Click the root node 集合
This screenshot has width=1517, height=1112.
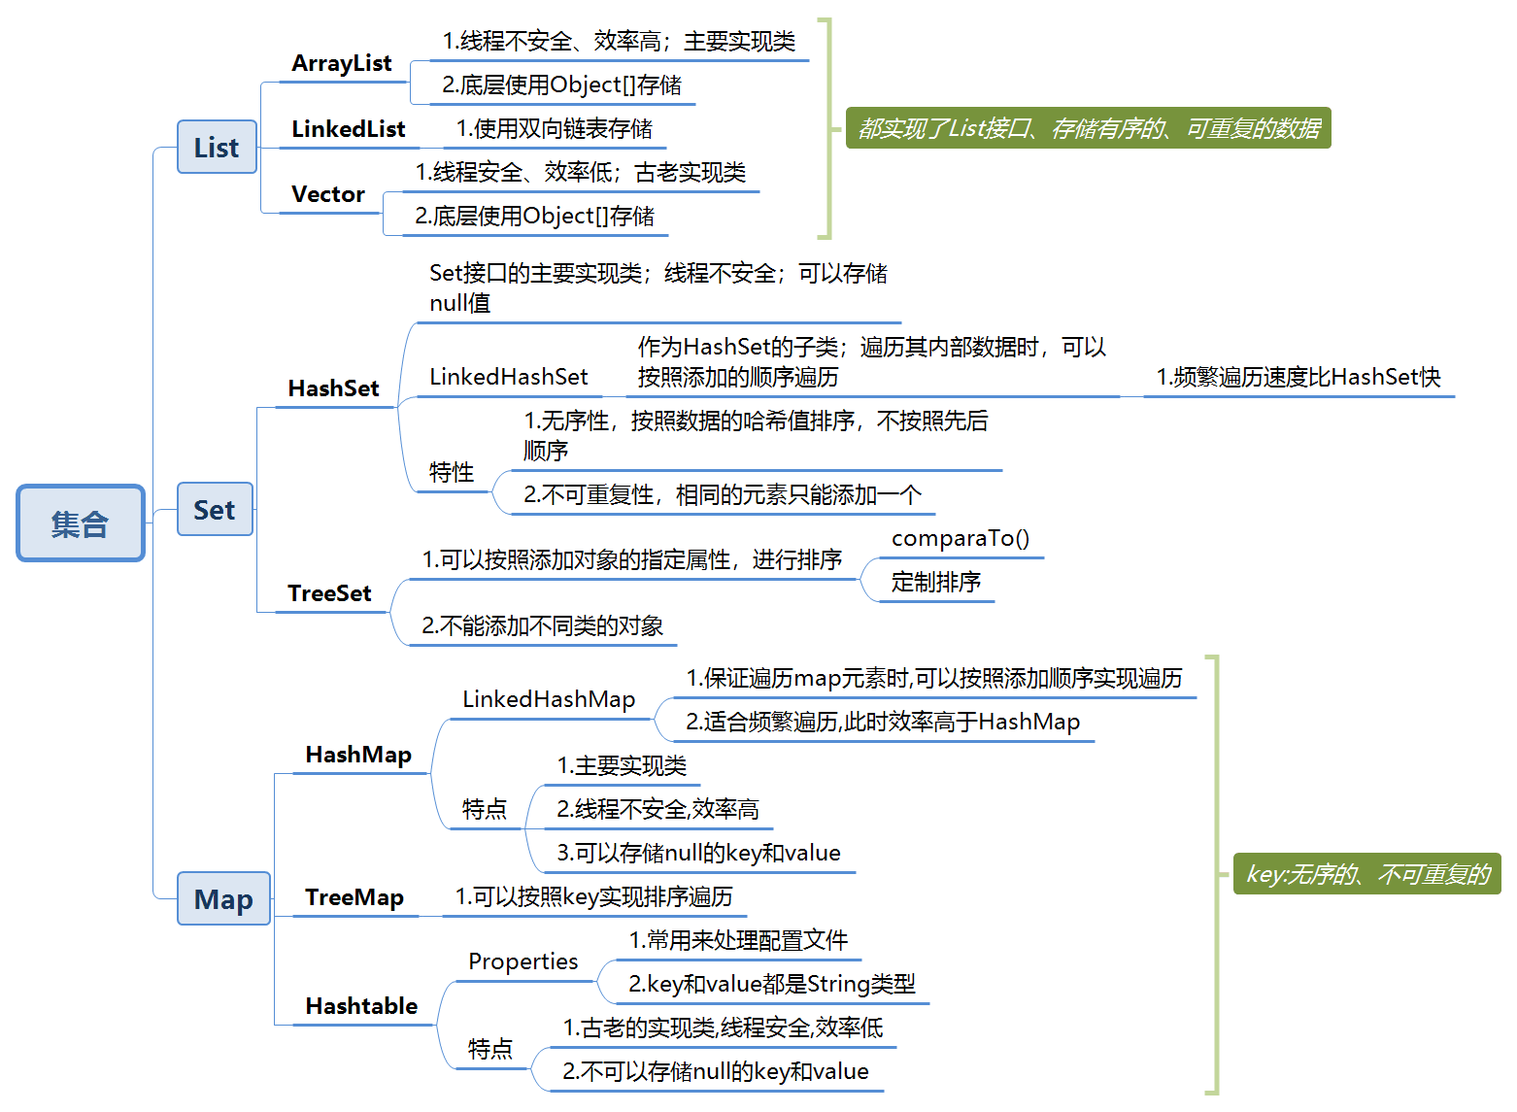coord(81,523)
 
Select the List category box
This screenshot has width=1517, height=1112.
coord(217,148)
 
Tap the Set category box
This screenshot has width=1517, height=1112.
coord(215,510)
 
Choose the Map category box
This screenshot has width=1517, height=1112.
coord(223,899)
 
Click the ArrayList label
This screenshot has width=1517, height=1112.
coord(342,64)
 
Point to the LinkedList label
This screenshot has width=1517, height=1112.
coord(348,129)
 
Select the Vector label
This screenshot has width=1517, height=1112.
coord(328,194)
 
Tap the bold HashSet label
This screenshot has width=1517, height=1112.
coord(333,388)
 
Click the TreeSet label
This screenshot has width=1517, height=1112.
coord(329,593)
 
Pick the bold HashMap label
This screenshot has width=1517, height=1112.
coord(358,755)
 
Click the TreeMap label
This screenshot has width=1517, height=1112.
coord(354,897)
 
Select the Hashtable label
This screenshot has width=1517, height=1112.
coord(361,1006)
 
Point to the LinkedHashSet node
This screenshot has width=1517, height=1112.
coord(509,377)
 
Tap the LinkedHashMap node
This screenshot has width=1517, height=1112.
coord(549,699)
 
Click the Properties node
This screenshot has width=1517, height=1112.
coord(523,961)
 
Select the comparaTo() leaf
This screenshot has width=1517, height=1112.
coord(961,538)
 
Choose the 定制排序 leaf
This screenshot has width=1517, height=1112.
coord(936,582)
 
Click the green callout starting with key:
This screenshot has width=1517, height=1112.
coord(1366,874)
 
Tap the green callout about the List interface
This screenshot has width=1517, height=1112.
coord(1088,128)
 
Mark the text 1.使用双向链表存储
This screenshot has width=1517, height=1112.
coord(555,129)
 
